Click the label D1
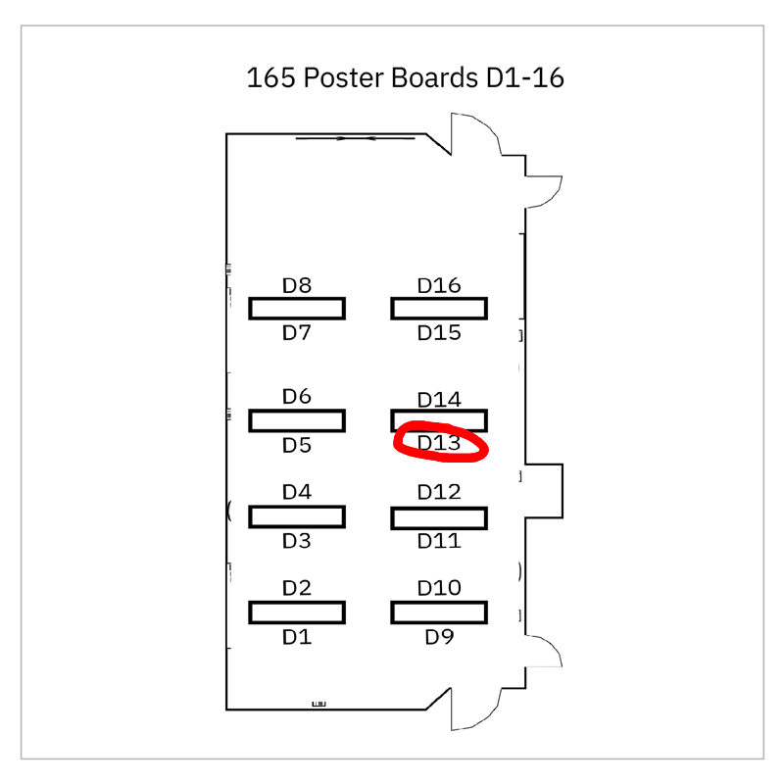pyautogui.click(x=296, y=638)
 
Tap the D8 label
pyautogui.click(x=296, y=286)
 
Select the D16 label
pyautogui.click(x=439, y=286)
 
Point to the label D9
pyautogui.click(x=439, y=638)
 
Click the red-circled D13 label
pyautogui.click(x=439, y=444)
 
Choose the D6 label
pyautogui.click(x=296, y=397)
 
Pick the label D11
pyautogui.click(x=439, y=541)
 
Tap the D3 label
pyautogui.click(x=296, y=541)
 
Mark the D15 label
pyautogui.click(x=439, y=333)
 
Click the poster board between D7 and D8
pyautogui.click(x=296, y=309)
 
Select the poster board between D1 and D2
pyautogui.click(x=296, y=612)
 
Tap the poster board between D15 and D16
pyautogui.click(x=439, y=309)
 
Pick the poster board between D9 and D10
pyautogui.click(x=439, y=612)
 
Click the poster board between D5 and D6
pyautogui.click(x=296, y=420)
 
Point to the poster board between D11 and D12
pyautogui.click(x=439, y=516)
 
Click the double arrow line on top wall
pyautogui.click(x=355, y=138)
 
